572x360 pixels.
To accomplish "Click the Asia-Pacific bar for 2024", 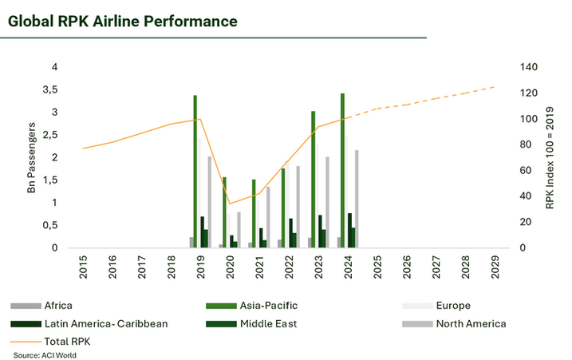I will [x=342, y=171].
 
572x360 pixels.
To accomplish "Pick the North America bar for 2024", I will [x=357, y=199].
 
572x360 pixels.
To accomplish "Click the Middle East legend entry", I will [x=270, y=323].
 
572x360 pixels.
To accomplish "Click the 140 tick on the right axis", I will [x=528, y=67].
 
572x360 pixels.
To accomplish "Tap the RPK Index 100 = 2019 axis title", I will [x=550, y=157].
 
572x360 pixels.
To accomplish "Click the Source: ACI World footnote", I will [x=45, y=354].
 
